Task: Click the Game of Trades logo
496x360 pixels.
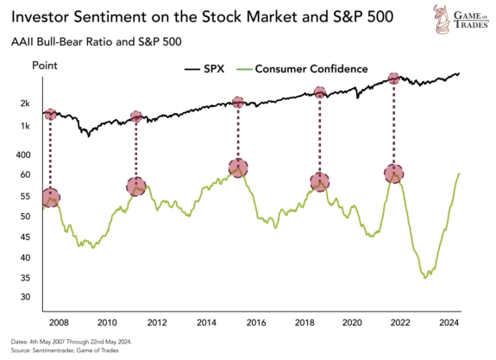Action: (x=461, y=19)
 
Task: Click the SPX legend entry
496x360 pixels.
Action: (x=204, y=69)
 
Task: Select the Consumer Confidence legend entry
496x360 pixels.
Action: (x=302, y=69)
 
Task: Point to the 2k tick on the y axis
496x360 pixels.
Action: (x=25, y=104)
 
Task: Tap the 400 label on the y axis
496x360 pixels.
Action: (x=23, y=155)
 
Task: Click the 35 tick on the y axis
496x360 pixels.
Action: (x=25, y=278)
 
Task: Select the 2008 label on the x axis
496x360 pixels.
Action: (x=59, y=323)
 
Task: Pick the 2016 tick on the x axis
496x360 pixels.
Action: (x=256, y=323)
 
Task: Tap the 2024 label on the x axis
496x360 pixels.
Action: (x=449, y=323)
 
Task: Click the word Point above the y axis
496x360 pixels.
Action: (x=45, y=66)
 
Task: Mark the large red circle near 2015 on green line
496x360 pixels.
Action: (x=238, y=167)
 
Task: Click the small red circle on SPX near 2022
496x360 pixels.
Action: (x=394, y=79)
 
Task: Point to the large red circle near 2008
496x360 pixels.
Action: (x=51, y=198)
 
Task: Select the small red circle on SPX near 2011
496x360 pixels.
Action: (x=136, y=117)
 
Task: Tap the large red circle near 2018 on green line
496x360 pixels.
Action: (x=320, y=182)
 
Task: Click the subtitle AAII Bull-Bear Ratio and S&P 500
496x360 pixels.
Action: (x=96, y=41)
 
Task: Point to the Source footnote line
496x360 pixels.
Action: (x=65, y=351)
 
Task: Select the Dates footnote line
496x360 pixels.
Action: (x=72, y=342)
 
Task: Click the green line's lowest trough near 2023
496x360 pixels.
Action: (x=425, y=278)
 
